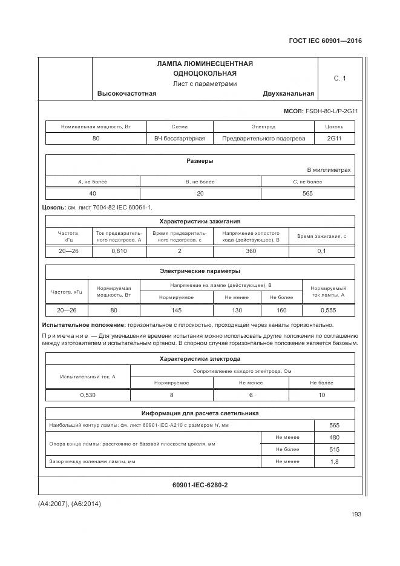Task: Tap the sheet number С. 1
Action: pos(339,78)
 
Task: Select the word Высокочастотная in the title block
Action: pos(126,93)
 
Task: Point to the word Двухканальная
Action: pos(289,93)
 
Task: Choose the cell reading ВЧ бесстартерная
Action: pos(180,138)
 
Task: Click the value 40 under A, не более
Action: pos(93,193)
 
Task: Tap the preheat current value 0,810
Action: pos(119,251)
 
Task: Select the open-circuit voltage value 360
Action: pos(251,251)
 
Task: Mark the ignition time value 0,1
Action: pos(321,251)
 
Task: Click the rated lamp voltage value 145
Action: pos(176,310)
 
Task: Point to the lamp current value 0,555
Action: pos(328,310)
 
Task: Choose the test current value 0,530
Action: pos(88,395)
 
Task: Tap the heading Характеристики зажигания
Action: pos(200,222)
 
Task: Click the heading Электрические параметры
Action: pos(200,271)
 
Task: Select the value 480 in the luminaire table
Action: pos(334,438)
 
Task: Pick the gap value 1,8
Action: pos(334,462)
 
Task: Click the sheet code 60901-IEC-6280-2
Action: pos(200,485)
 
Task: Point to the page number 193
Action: pos(356,515)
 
